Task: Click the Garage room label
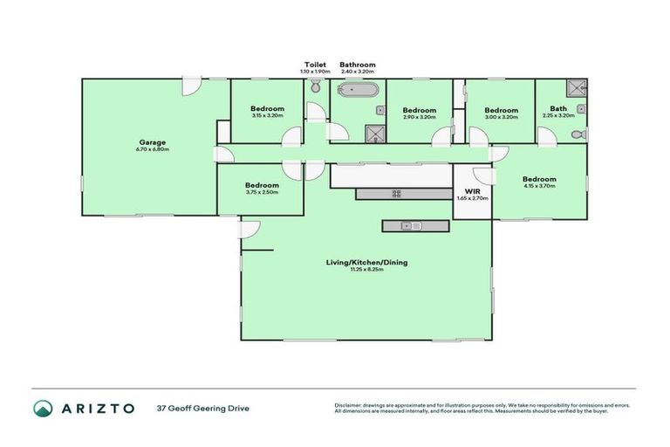pyautogui.click(x=153, y=142)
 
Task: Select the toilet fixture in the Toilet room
pyautogui.click(x=315, y=87)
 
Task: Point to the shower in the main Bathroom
pyautogui.click(x=374, y=132)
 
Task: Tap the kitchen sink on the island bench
pyautogui.click(x=411, y=226)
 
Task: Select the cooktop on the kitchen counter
pyautogui.click(x=395, y=194)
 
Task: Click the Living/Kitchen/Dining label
pyautogui.click(x=366, y=262)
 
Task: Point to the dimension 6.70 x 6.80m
pyautogui.click(x=153, y=150)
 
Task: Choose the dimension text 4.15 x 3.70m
pyautogui.click(x=539, y=187)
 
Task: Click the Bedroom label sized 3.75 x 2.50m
pyautogui.click(x=262, y=185)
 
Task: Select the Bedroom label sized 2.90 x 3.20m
pyautogui.click(x=419, y=110)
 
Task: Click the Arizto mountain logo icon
pyautogui.click(x=43, y=408)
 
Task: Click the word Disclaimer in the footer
pyautogui.click(x=350, y=404)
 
